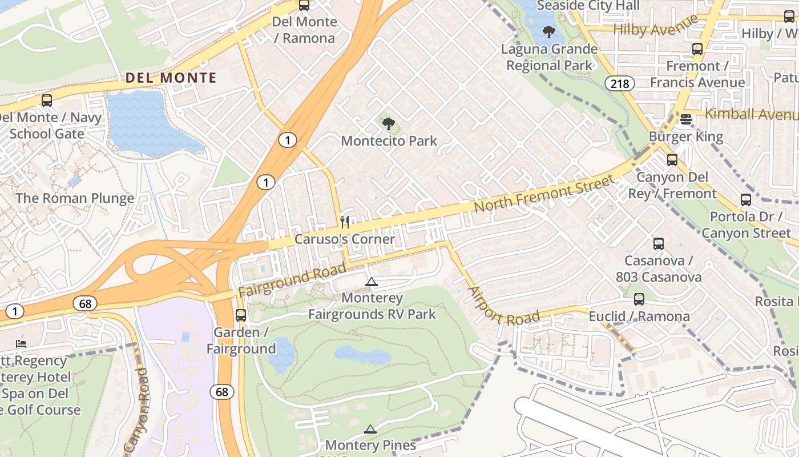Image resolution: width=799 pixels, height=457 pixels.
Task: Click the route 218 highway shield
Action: click(x=619, y=83)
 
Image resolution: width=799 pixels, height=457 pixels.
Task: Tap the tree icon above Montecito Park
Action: click(x=389, y=123)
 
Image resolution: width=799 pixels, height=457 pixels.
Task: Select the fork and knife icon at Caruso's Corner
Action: click(x=344, y=222)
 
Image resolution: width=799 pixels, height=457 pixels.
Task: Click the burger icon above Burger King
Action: click(x=686, y=120)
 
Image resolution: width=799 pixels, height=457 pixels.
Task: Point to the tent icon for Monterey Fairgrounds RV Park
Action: click(x=371, y=282)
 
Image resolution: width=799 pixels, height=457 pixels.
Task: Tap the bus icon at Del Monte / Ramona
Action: click(x=304, y=5)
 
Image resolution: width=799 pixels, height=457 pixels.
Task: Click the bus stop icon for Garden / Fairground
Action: click(x=241, y=315)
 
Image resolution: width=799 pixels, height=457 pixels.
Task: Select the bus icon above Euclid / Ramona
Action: click(x=639, y=299)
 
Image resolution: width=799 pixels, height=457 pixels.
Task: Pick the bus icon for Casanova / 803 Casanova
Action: click(x=659, y=244)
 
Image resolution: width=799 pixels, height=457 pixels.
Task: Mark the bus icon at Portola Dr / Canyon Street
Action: click(x=746, y=200)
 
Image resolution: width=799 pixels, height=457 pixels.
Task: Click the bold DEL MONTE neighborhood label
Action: click(x=171, y=78)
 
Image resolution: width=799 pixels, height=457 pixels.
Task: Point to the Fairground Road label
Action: click(x=292, y=280)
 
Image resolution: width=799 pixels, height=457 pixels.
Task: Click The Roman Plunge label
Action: click(x=75, y=198)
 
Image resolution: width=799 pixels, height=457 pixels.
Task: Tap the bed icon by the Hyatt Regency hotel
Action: click(x=21, y=344)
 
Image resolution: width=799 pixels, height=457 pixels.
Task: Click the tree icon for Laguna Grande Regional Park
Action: click(x=549, y=32)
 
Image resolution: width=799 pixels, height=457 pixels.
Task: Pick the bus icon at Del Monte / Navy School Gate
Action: click(x=47, y=101)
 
